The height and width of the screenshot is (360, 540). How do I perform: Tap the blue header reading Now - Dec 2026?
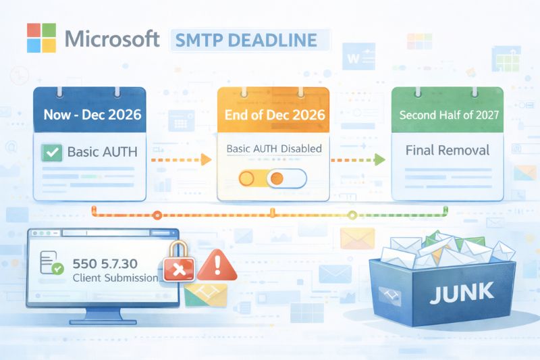pos(92,114)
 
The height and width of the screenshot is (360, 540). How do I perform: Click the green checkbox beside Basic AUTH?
pos(51,152)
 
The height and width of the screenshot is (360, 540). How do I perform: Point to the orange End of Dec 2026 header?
pos(273,114)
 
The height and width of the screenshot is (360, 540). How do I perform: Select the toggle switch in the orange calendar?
pos(273,178)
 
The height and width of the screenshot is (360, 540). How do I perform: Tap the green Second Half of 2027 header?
pos(449,114)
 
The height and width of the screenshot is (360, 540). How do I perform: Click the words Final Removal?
pos(448,149)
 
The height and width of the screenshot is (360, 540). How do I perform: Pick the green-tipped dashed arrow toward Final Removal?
pos(356,160)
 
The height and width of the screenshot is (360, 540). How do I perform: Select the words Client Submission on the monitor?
pos(115,278)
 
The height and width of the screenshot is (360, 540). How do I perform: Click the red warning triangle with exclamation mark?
pos(219,264)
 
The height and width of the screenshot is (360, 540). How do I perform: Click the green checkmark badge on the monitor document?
pos(58,269)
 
